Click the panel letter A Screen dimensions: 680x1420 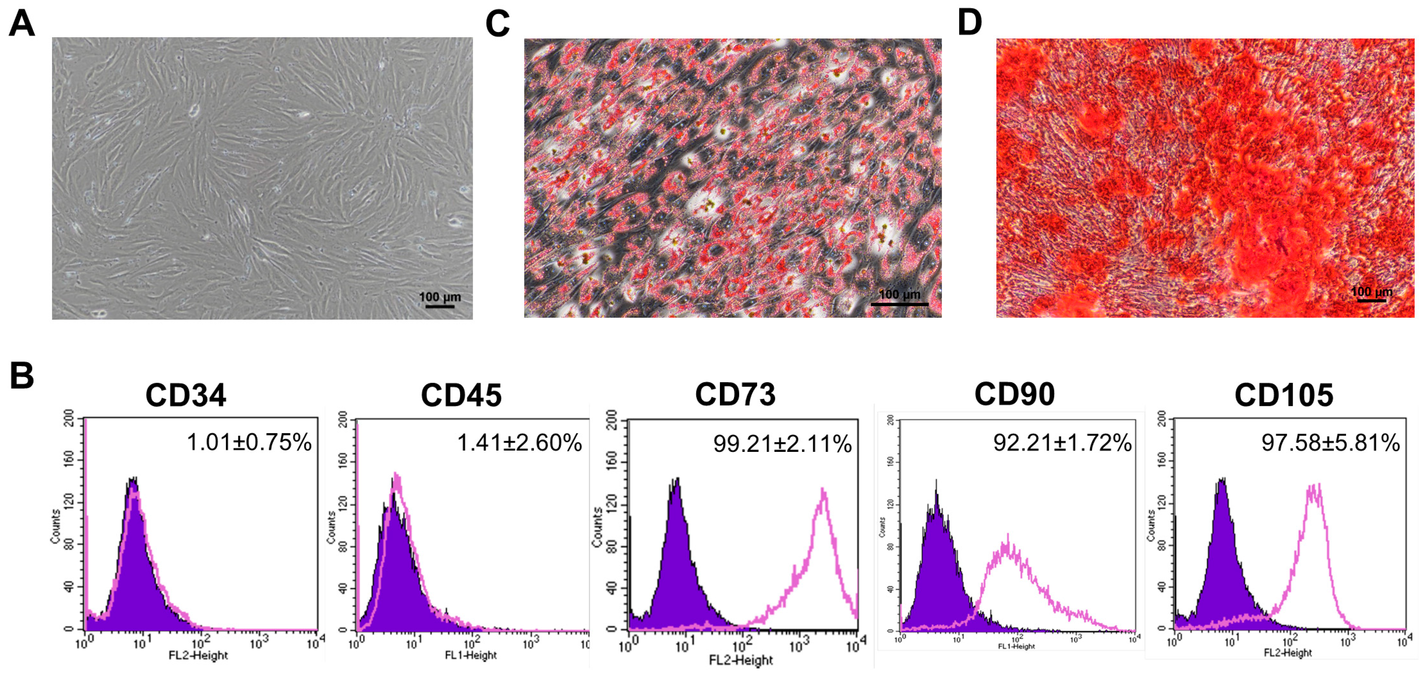coord(22,24)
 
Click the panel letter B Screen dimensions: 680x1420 coord(22,376)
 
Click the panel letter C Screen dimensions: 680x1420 coord(497,24)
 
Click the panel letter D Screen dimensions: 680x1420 coord(970,23)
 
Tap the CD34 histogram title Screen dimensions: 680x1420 coord(186,395)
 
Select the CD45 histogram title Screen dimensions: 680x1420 coord(461,395)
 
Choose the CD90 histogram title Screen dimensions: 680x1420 coord(1014,394)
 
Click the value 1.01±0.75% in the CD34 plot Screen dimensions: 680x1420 coord(249,442)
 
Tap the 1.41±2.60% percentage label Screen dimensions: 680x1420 coord(519,443)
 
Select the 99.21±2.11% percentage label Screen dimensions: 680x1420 coord(782,444)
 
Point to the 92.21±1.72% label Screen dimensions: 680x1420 coord(1062,443)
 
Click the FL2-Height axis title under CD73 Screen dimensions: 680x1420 coord(741,660)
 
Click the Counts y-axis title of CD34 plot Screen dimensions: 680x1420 coord(56,527)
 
